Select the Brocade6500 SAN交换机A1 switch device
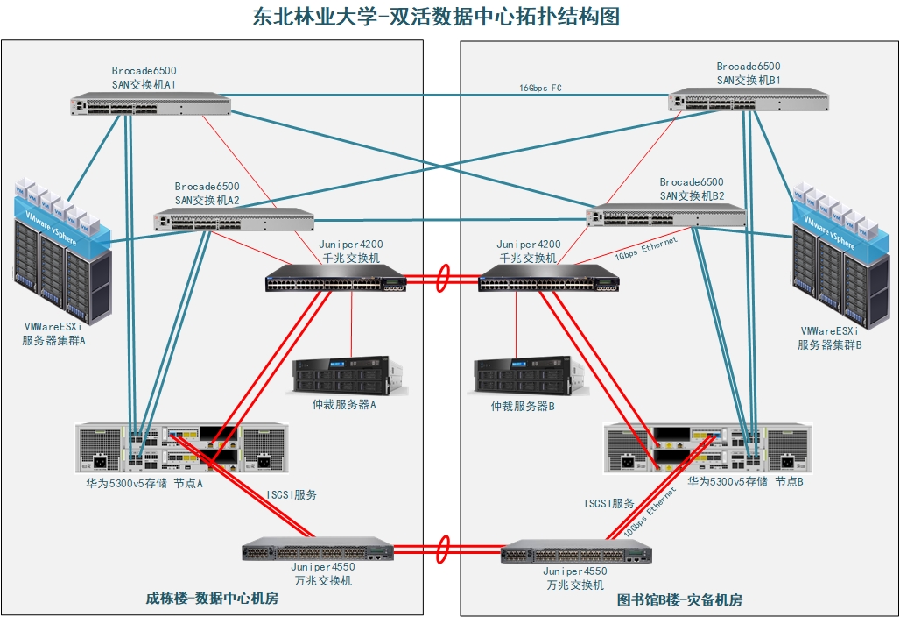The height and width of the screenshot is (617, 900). pos(151,106)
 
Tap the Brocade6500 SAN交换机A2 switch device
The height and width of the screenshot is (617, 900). pos(234,219)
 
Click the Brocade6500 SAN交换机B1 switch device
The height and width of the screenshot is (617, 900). pos(748,100)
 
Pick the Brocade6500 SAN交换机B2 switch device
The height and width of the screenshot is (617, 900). pos(666,215)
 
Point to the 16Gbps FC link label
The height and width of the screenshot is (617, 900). pos(540,89)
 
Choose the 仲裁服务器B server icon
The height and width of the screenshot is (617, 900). pos(528,375)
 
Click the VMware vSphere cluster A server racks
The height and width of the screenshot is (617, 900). pos(63,251)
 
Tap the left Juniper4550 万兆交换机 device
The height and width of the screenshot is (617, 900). pos(317,550)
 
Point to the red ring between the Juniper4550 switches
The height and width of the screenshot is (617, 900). pos(443,550)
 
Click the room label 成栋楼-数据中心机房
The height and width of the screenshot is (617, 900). pos(212,599)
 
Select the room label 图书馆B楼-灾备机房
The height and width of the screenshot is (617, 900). pos(679,600)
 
